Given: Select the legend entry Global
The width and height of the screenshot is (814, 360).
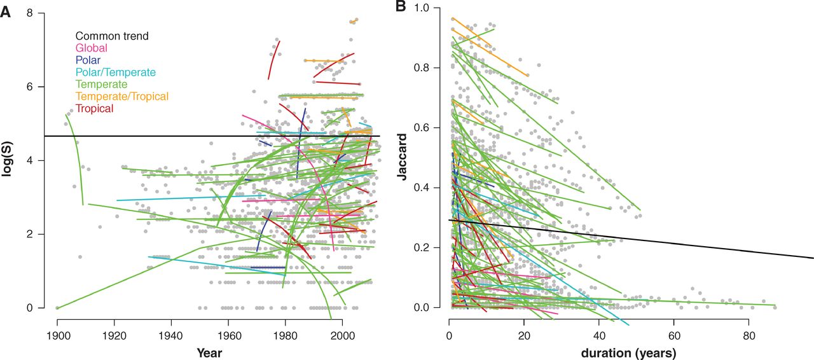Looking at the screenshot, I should pyautogui.click(x=92, y=48).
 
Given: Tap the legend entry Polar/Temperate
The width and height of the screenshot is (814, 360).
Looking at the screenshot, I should pyautogui.click(x=116, y=73).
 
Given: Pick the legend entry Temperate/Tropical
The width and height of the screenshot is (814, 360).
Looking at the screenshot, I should pyautogui.click(x=122, y=97).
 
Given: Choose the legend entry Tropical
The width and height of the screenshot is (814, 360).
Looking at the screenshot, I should pyautogui.click(x=94, y=109).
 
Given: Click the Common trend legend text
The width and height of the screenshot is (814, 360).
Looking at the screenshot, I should pyautogui.click(x=112, y=36).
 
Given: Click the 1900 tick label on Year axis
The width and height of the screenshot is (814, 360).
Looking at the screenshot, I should pyautogui.click(x=57, y=333).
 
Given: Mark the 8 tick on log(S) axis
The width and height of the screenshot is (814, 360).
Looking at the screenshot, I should pyautogui.click(x=31, y=13).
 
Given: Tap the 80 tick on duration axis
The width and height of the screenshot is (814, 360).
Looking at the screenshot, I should pyautogui.click(x=748, y=333).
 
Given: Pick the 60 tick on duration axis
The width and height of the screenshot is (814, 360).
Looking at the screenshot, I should pyautogui.click(x=674, y=333).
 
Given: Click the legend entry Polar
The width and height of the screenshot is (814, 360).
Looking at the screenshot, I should pyautogui.click(x=88, y=60).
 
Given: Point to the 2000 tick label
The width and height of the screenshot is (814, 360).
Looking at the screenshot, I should pyautogui.click(x=343, y=333).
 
